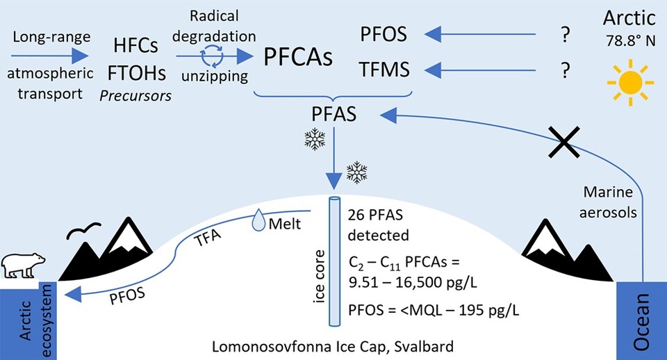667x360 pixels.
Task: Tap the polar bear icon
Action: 24,263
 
